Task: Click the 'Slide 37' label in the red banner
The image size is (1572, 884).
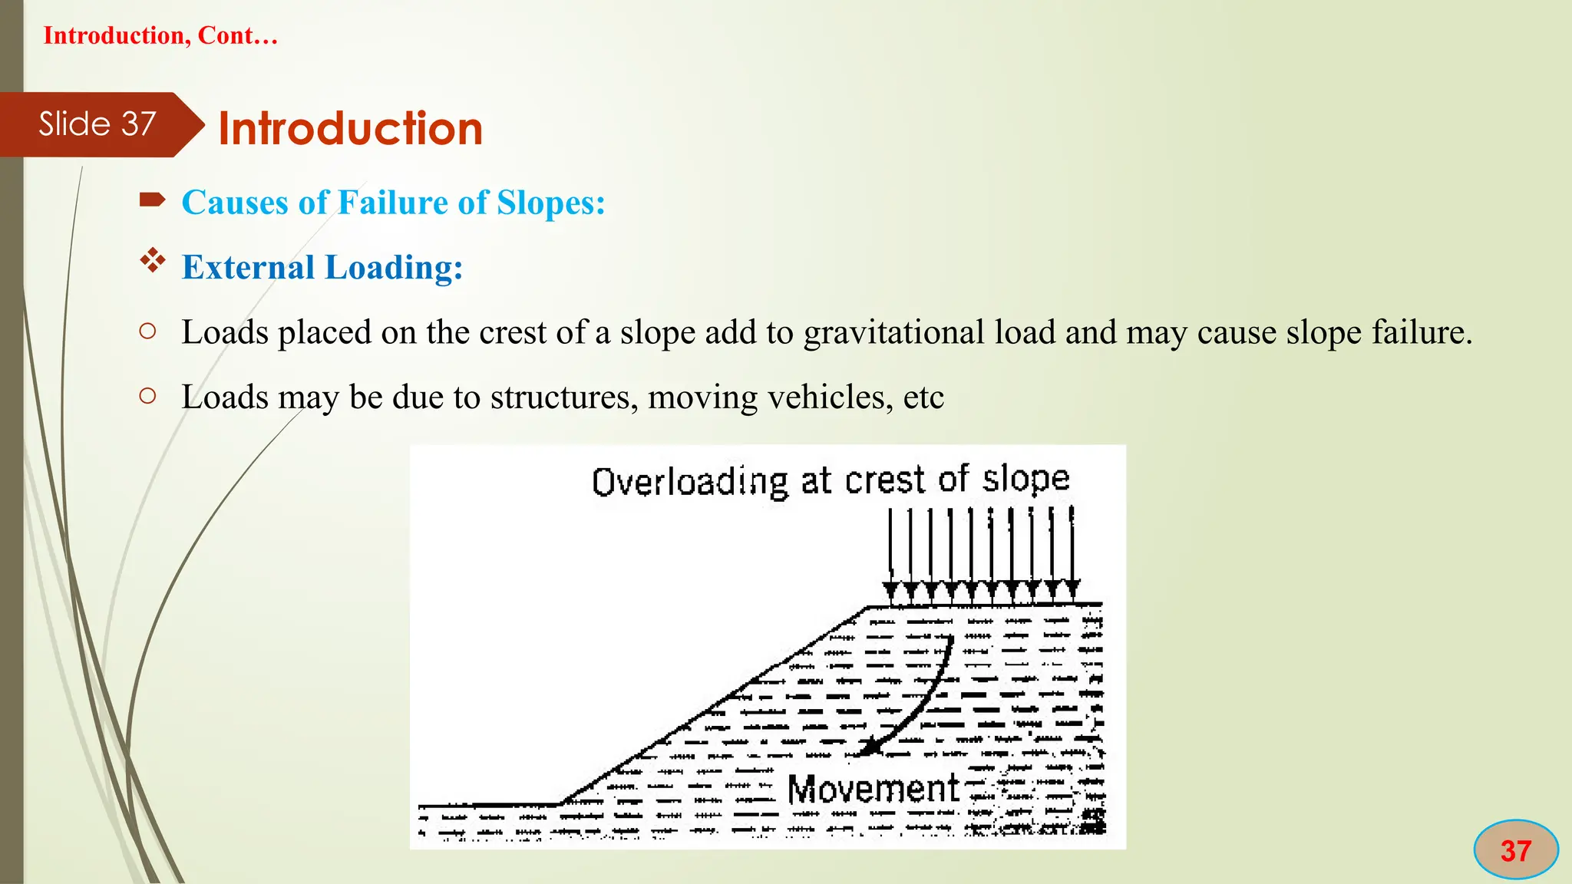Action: click(97, 124)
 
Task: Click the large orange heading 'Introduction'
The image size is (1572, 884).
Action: click(350, 128)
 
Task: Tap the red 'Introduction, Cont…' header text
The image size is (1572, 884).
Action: click(160, 35)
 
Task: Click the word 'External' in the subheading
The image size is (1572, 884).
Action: click(248, 267)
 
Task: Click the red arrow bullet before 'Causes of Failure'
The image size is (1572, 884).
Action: click(152, 201)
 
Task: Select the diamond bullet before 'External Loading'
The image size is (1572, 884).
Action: click(153, 261)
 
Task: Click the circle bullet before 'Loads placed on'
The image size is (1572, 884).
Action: click(148, 331)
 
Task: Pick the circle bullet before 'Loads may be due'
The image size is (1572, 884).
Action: click(148, 396)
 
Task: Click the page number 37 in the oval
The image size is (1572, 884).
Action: click(1515, 850)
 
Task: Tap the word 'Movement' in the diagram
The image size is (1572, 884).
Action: click(873, 789)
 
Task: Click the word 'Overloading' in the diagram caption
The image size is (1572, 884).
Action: click(689, 482)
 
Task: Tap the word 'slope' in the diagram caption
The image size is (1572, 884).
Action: click(1025, 479)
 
